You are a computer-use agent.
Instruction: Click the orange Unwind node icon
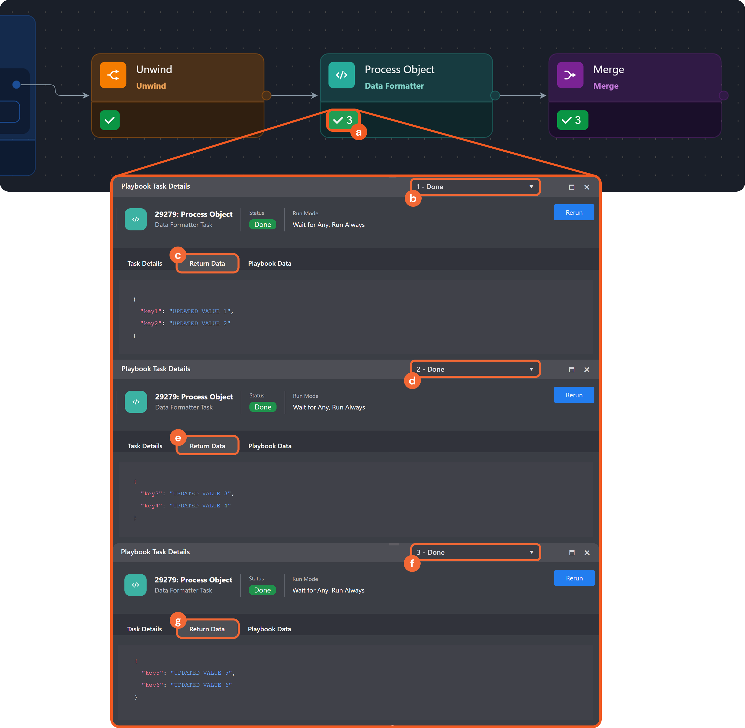[x=113, y=75]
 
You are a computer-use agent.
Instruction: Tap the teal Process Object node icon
[x=341, y=75]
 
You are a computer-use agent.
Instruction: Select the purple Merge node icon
[x=570, y=75]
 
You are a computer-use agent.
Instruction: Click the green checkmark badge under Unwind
[x=110, y=120]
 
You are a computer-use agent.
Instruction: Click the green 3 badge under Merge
[x=572, y=120]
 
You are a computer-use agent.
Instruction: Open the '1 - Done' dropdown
[x=475, y=187]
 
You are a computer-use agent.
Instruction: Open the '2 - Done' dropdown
[x=475, y=369]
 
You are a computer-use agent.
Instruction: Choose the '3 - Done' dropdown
[x=475, y=552]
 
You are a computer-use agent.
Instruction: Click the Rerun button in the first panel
[x=574, y=212]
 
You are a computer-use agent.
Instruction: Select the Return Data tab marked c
[x=207, y=263]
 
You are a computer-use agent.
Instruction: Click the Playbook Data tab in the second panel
[x=270, y=446]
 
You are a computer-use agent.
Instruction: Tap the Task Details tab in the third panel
[x=145, y=629]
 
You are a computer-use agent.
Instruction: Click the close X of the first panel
[x=587, y=187]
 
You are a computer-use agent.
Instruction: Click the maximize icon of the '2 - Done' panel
[x=571, y=369]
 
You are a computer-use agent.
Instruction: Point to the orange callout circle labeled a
[x=358, y=132]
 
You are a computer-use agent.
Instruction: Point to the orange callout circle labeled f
[x=412, y=563]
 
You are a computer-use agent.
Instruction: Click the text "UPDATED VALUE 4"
[x=200, y=505]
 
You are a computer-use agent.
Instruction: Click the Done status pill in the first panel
[x=262, y=224]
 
